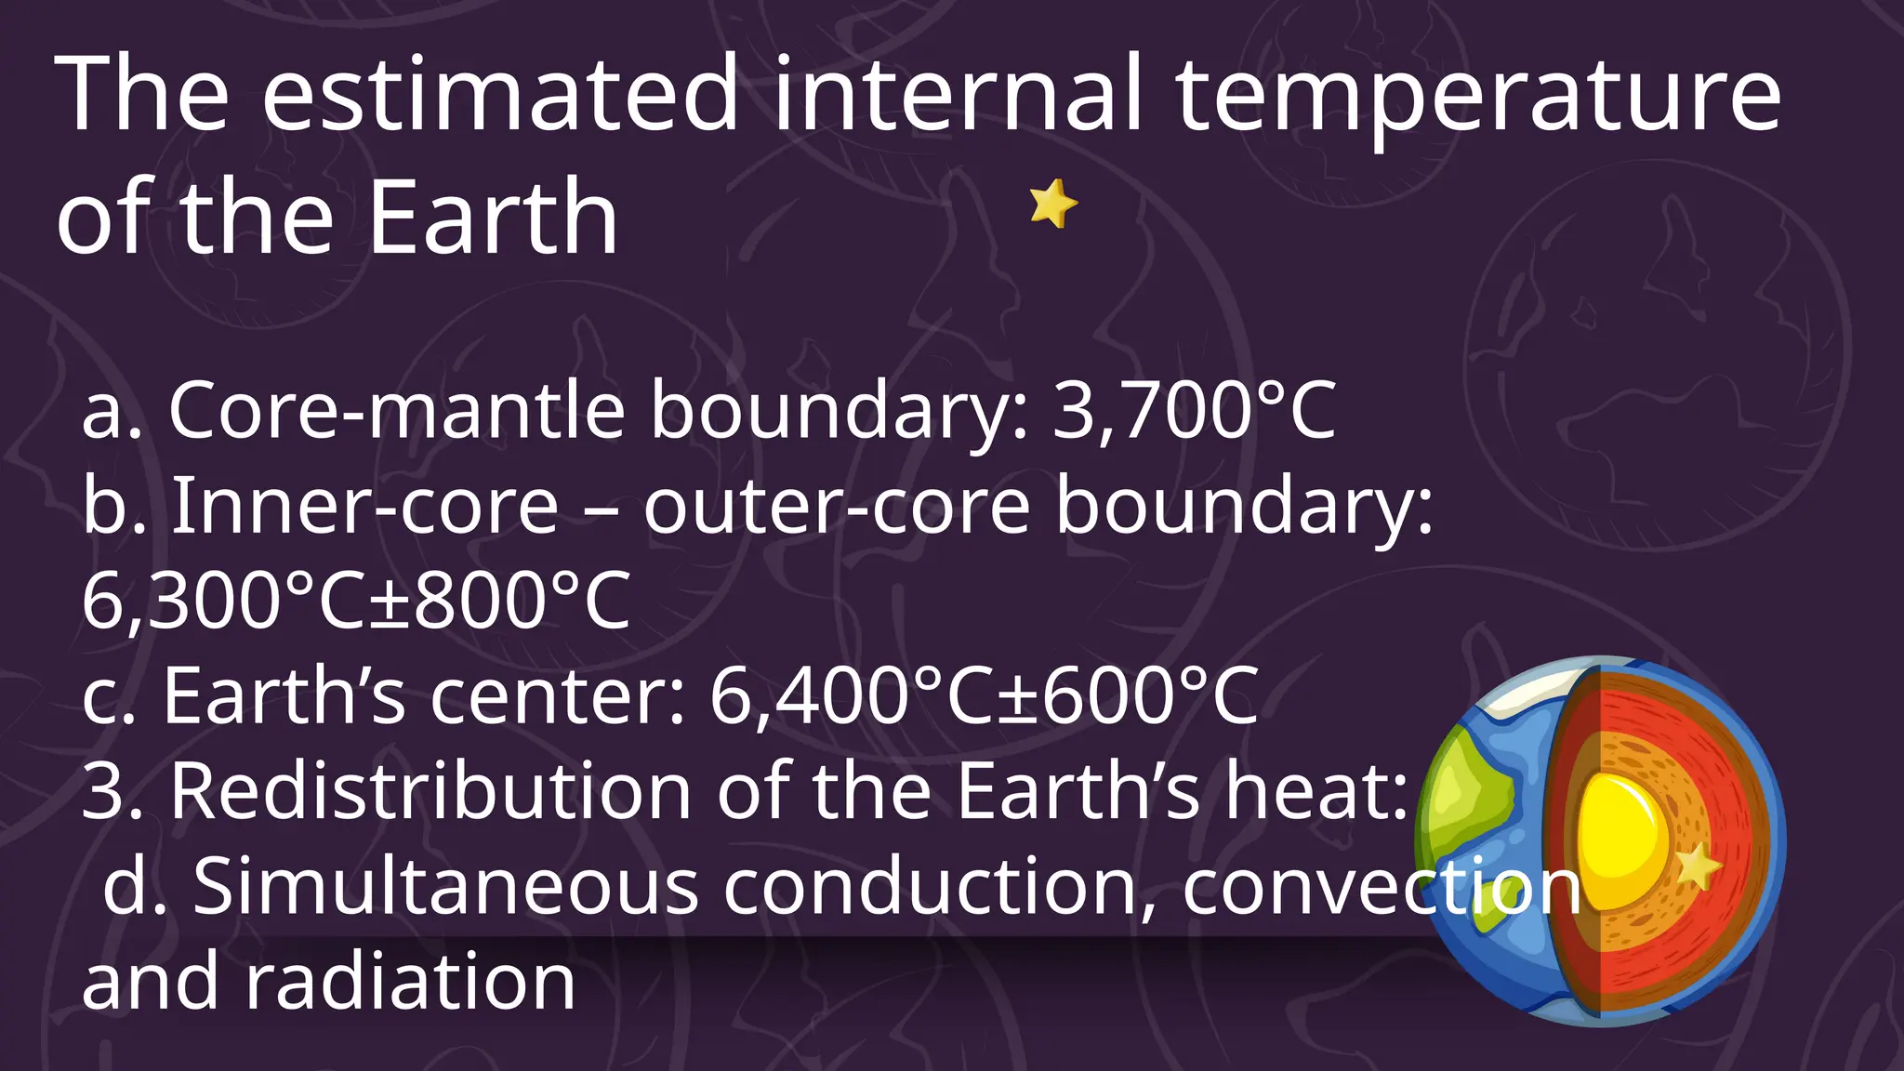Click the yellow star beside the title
click(1052, 204)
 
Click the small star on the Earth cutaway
click(1698, 866)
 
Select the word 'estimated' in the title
click(500, 94)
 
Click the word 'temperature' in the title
click(1477, 94)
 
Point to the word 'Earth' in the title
click(493, 218)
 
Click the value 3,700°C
click(1194, 410)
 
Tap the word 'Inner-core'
click(365, 506)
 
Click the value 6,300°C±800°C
click(356, 601)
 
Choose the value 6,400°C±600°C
click(984, 695)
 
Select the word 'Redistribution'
click(430, 791)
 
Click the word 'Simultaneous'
click(445, 887)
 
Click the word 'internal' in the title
click(958, 94)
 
